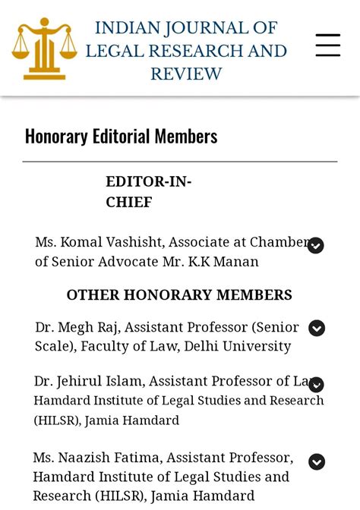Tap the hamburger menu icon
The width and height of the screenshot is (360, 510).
[328, 46]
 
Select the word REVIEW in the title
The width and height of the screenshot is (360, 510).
[186, 74]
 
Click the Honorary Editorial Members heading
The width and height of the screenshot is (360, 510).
[122, 137]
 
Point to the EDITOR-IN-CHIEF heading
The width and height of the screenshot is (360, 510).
[149, 192]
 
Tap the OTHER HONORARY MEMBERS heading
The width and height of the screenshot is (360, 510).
[179, 295]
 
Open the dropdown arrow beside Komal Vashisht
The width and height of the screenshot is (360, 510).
[316, 245]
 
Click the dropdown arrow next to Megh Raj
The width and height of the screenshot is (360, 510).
[317, 328]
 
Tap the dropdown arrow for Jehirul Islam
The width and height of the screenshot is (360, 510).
[317, 384]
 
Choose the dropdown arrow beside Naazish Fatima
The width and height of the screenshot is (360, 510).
[317, 461]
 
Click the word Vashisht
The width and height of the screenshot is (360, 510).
[137, 243]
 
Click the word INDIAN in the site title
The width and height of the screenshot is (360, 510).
[122, 29]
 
